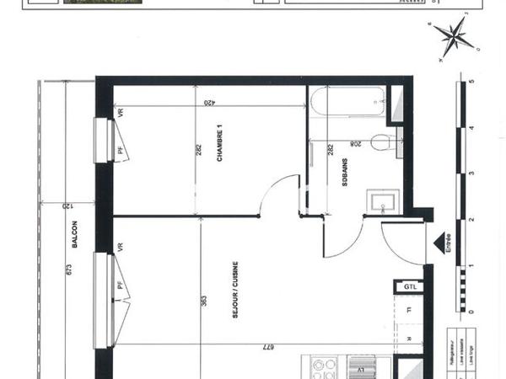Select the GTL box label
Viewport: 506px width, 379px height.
(411, 286)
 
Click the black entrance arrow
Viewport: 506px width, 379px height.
(439, 243)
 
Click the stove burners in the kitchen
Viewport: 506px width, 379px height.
(324, 368)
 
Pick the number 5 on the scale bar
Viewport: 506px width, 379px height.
(473, 83)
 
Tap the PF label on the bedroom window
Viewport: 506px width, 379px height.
(121, 150)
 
